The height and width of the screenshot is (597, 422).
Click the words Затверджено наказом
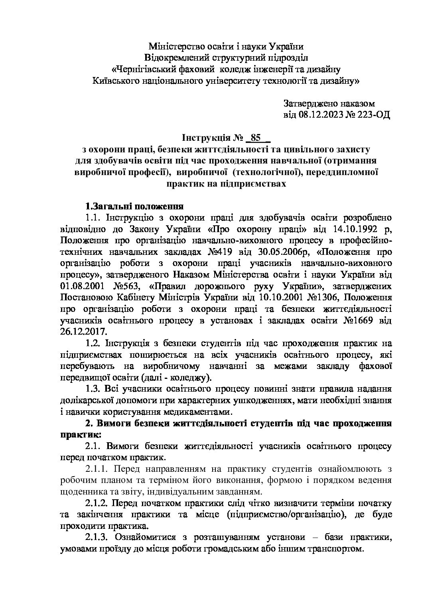(329, 104)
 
